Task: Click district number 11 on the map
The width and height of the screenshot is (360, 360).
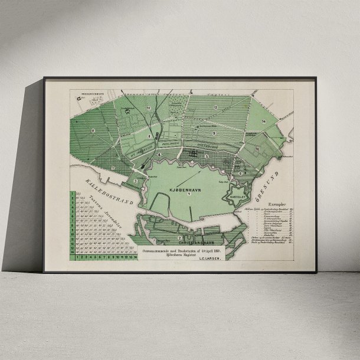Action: point(93,130)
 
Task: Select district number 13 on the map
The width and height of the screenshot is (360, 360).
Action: point(216,107)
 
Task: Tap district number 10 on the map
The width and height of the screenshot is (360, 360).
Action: point(149,108)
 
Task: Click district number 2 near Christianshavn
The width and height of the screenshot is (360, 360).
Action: point(179,237)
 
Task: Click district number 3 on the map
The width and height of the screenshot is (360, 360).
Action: point(135,181)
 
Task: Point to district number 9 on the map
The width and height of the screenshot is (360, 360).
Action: point(214,134)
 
